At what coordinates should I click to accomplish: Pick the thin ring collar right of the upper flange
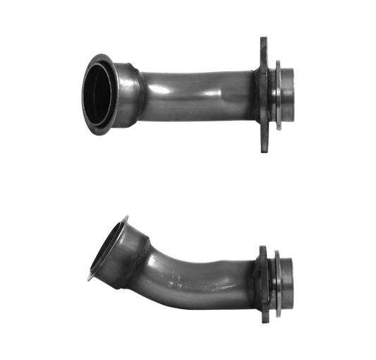[x=277, y=92]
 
